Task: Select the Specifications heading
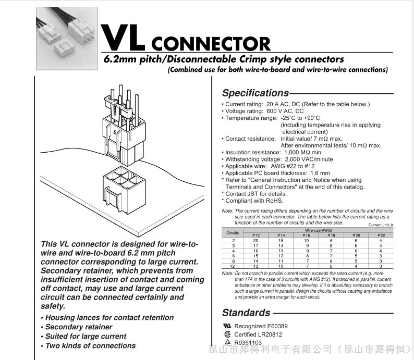point(255,93)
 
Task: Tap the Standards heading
point(246,313)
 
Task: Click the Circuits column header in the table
point(233,233)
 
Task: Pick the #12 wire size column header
point(255,235)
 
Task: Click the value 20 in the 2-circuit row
point(255,241)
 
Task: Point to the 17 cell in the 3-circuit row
point(255,245)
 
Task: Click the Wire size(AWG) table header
point(318,230)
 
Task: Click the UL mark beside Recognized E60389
point(227,326)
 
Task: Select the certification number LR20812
point(269,334)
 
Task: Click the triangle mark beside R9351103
point(227,342)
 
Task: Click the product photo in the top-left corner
point(59,32)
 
